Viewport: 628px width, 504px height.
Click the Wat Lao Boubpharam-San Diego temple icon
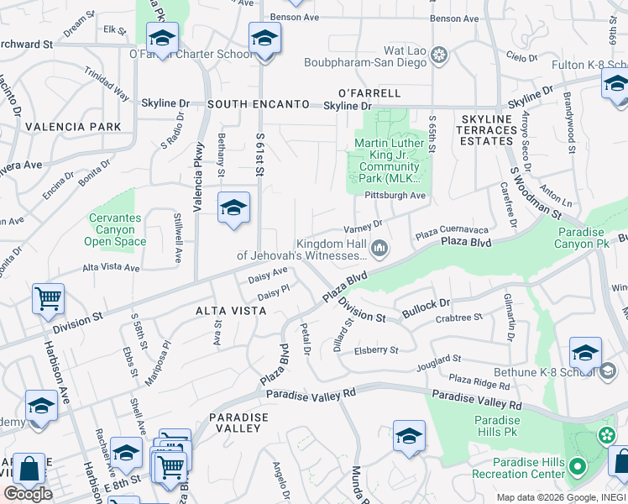pyautogui.click(x=438, y=57)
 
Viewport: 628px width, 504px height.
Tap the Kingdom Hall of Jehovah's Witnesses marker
pyautogui.click(x=379, y=247)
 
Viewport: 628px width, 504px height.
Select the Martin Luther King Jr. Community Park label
pyautogui.click(x=387, y=160)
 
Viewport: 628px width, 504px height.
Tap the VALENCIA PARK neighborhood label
pyautogui.click(x=73, y=127)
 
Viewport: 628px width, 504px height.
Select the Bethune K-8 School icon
pyautogui.click(x=585, y=353)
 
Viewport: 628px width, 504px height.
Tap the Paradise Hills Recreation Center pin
pyautogui.click(x=577, y=466)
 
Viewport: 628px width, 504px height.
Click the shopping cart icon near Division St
pyautogui.click(x=49, y=299)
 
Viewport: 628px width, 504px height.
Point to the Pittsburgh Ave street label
pyautogui.click(x=395, y=196)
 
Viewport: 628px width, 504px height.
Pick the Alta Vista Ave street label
pyautogui.click(x=111, y=267)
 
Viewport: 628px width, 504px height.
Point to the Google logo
pyautogui.click(x=28, y=494)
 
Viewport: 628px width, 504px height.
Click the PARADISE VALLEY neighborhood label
pyautogui.click(x=238, y=423)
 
